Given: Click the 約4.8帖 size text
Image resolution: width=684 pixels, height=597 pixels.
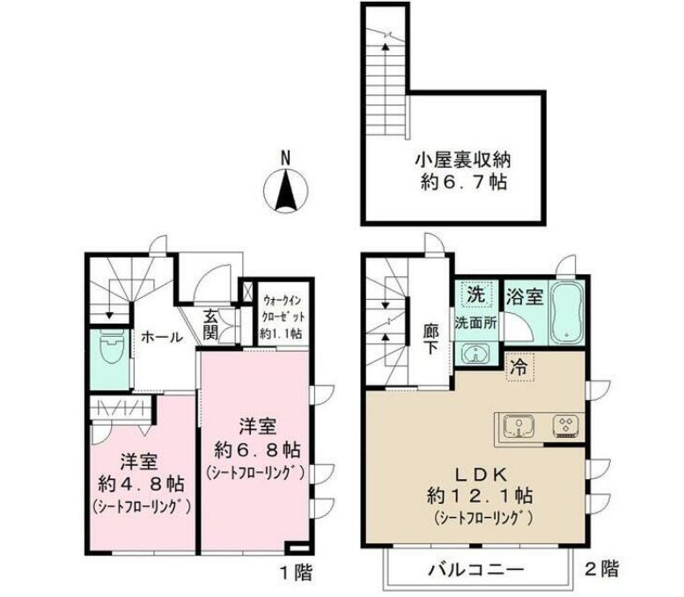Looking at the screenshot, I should (x=141, y=483).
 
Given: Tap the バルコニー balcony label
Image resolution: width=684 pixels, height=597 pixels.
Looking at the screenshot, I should (x=476, y=570).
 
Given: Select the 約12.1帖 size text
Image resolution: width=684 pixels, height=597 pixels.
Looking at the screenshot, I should (x=482, y=495).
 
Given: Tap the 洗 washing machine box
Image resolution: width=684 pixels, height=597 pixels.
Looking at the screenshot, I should (x=474, y=293).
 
